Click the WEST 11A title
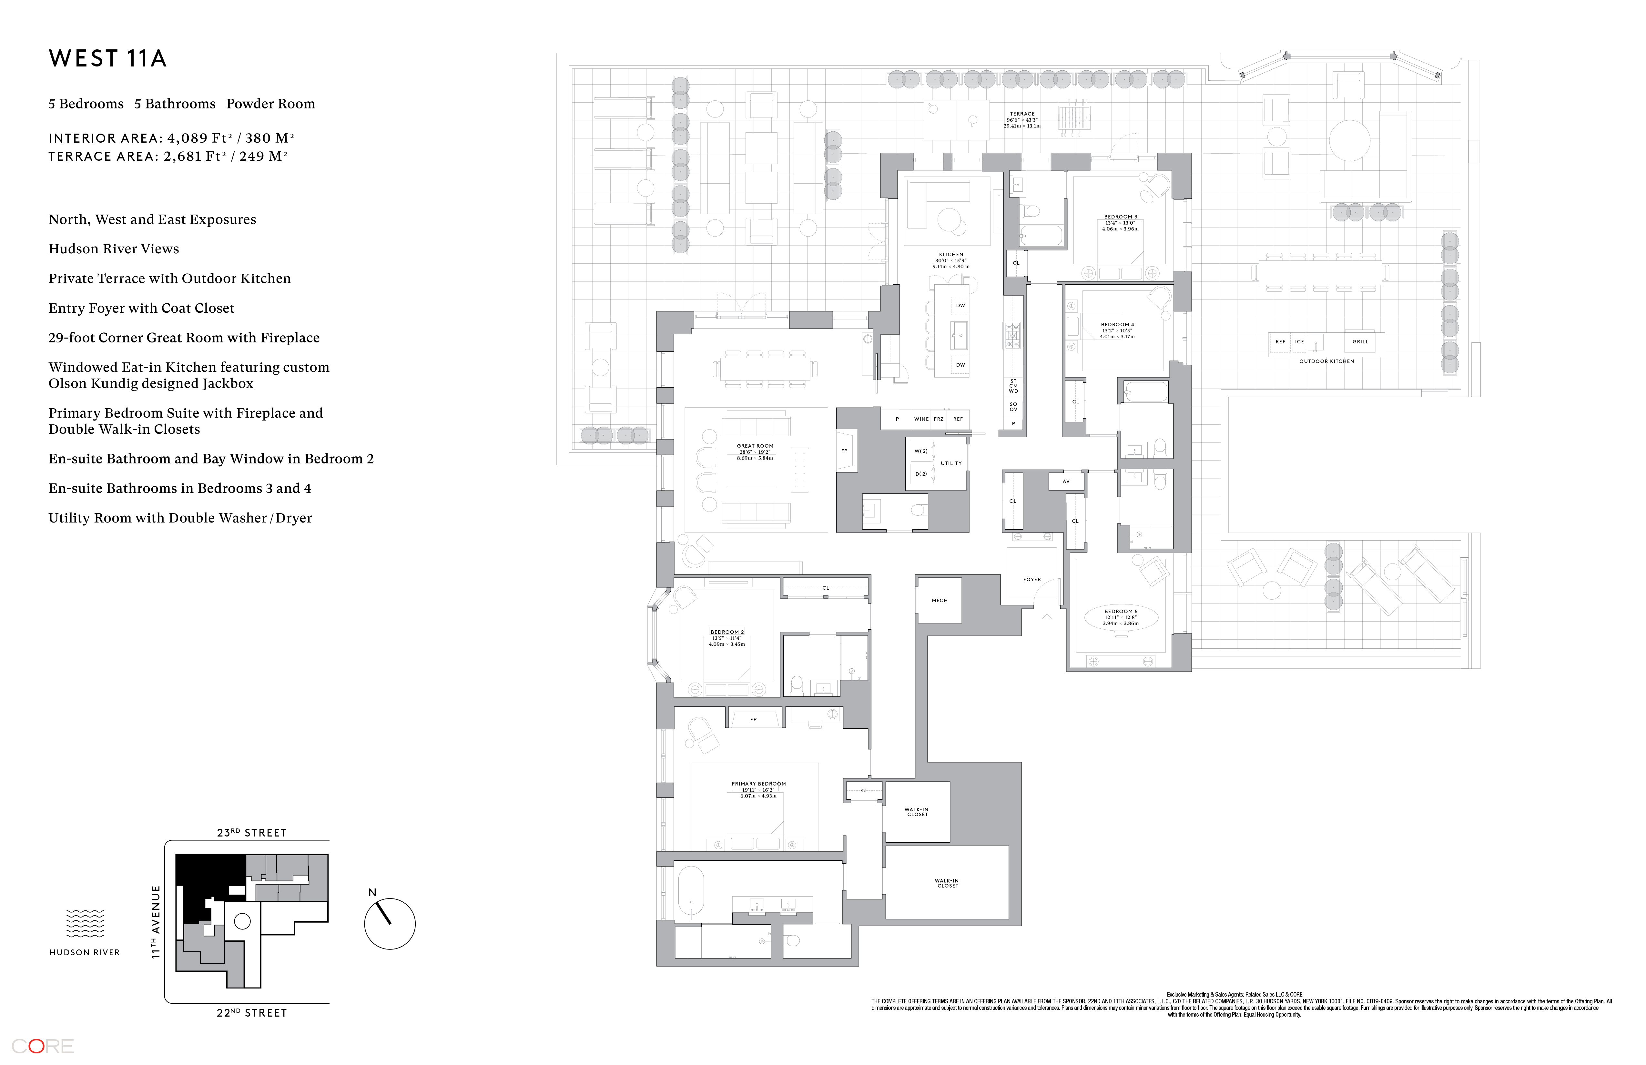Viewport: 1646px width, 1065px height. tap(108, 59)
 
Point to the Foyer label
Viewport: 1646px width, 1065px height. tap(1032, 580)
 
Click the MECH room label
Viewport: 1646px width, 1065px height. tap(939, 600)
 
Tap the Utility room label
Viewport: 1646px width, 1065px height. tap(951, 463)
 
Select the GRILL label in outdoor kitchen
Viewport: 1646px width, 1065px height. tap(1360, 342)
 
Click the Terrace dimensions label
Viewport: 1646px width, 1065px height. tap(1022, 120)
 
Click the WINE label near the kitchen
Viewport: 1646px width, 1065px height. tap(921, 419)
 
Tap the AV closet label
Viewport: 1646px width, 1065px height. tap(1066, 481)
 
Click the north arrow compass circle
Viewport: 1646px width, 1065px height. tap(389, 924)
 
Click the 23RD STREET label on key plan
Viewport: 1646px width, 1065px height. tap(252, 833)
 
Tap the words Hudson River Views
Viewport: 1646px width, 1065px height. tap(113, 249)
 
